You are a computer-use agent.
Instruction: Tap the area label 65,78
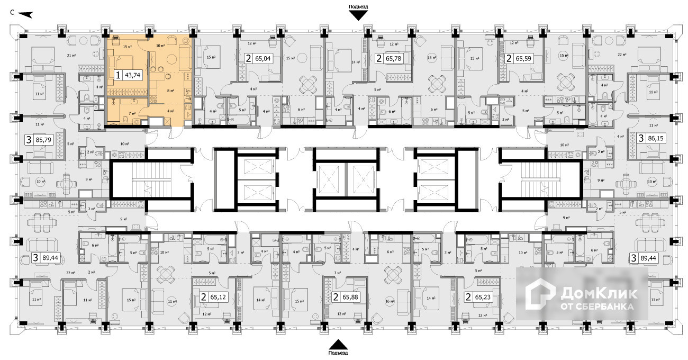click(394, 59)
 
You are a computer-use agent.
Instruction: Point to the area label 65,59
click(524, 59)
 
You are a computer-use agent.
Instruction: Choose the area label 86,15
click(657, 139)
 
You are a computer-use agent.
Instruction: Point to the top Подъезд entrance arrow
click(358, 15)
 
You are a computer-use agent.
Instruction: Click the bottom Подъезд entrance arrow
click(338, 344)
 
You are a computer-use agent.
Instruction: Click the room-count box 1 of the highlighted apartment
click(117, 75)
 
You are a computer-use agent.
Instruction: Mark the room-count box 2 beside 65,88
click(336, 297)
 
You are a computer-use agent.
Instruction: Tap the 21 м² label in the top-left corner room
click(69, 55)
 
